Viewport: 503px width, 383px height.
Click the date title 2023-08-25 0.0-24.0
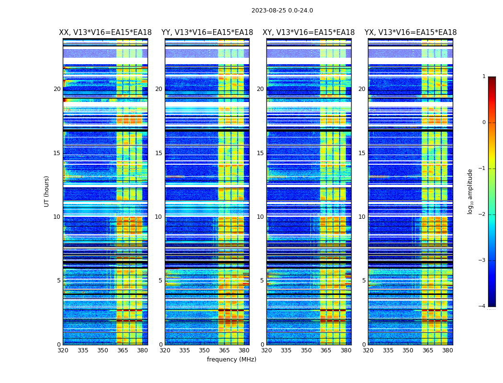[x=282, y=11]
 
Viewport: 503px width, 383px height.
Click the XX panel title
[x=105, y=33]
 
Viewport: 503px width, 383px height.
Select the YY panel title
[x=207, y=33]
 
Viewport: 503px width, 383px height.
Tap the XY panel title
[x=309, y=33]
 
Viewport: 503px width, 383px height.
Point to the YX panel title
[x=411, y=33]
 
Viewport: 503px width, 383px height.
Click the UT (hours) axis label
[x=46, y=191]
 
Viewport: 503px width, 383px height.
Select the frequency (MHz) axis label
[x=231, y=360]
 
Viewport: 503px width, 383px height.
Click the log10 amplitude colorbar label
[x=470, y=191]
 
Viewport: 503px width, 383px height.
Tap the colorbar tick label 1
[x=483, y=77]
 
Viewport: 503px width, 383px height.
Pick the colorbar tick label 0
[x=483, y=123]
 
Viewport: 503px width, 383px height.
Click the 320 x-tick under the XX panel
[x=63, y=350]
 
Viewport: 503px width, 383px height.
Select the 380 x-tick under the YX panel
[x=447, y=350]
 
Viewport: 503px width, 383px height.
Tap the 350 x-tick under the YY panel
[x=205, y=350]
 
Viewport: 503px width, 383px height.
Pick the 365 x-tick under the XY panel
[x=326, y=350]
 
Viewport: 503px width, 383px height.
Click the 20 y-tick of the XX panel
[x=57, y=89]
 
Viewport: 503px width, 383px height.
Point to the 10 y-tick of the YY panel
[x=159, y=217]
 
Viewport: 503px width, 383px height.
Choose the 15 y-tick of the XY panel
[x=260, y=153]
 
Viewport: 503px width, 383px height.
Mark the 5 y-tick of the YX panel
[x=364, y=281]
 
